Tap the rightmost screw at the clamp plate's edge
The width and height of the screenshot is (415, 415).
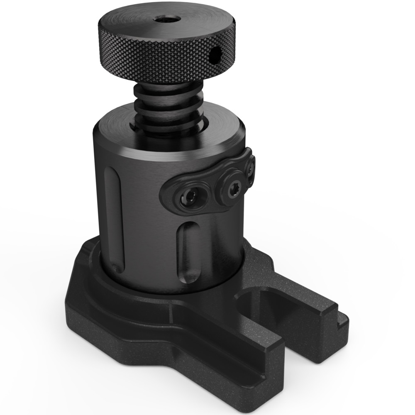tap(250, 168)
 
